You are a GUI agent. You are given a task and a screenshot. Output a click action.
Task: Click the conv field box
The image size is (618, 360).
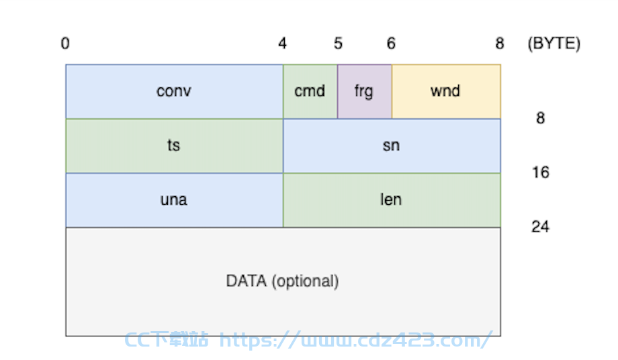coord(174,91)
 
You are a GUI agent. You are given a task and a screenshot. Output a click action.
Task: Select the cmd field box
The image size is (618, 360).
coord(310,91)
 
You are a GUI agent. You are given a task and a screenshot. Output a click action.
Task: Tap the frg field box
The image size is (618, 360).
coord(365,91)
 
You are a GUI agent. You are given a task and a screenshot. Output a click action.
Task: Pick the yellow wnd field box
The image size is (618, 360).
coord(446,91)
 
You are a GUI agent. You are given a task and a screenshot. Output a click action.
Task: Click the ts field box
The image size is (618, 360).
coord(174,146)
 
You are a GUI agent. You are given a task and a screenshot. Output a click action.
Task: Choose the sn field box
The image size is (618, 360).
coord(392,146)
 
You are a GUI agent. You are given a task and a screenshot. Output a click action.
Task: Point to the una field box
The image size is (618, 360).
coord(174,200)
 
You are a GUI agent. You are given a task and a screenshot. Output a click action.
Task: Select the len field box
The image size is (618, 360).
coord(392,200)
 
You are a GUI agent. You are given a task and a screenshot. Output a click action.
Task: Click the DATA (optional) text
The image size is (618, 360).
coord(282,281)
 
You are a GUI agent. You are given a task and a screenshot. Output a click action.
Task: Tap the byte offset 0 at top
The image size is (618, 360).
coord(65,44)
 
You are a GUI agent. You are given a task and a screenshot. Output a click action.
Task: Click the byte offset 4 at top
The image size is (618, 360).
coord(282,44)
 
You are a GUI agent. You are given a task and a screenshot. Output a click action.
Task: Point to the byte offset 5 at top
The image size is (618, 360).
coord(338,44)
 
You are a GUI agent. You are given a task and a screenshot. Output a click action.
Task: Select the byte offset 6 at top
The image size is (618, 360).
coord(391,44)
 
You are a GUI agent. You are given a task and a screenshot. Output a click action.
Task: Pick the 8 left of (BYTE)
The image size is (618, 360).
coord(500,44)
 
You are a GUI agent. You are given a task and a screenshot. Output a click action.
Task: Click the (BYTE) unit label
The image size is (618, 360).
coord(554,44)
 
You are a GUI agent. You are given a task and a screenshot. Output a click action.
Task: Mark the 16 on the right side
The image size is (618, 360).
coord(540,173)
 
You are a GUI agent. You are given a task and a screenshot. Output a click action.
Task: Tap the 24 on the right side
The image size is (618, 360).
coord(540,227)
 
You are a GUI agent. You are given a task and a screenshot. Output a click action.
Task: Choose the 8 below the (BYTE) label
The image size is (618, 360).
coord(540,118)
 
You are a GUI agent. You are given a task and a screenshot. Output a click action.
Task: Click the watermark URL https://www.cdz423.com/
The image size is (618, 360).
coord(355,340)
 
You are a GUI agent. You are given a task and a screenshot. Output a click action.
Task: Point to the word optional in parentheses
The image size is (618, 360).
coord(305,281)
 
